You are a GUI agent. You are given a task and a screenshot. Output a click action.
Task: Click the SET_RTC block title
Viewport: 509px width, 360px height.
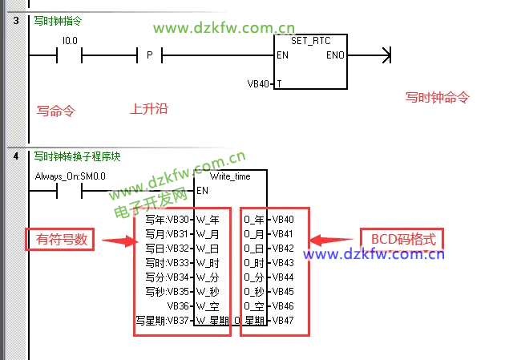click(x=311, y=41)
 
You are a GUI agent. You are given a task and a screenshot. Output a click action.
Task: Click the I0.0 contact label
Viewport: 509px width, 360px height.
click(x=70, y=40)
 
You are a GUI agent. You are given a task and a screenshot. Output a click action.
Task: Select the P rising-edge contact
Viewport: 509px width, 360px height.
click(x=149, y=55)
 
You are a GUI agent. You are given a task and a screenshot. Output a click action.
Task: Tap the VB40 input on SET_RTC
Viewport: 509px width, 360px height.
click(x=259, y=83)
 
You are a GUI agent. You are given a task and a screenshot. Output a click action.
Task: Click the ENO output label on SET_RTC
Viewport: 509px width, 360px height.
click(x=335, y=55)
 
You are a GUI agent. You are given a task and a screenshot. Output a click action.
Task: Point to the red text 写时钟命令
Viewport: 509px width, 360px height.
click(x=437, y=98)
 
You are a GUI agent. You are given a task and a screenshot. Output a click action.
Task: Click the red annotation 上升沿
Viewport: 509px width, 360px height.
click(x=149, y=108)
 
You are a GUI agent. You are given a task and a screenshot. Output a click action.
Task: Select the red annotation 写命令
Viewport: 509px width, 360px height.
click(x=55, y=111)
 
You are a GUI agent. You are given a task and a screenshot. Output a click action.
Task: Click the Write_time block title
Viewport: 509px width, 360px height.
click(x=229, y=176)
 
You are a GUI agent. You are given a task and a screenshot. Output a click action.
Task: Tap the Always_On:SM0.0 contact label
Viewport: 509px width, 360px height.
click(x=71, y=176)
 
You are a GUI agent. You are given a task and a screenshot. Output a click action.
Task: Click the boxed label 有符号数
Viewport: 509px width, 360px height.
click(x=61, y=239)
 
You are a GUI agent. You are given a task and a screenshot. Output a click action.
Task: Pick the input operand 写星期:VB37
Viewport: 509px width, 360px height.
click(x=164, y=321)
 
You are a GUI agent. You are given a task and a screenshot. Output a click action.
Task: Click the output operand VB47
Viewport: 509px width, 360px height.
click(x=283, y=321)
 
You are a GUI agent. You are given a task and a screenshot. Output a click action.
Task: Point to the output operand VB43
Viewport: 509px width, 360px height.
click(x=283, y=262)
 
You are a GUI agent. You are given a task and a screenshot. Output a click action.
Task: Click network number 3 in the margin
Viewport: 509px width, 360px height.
click(x=16, y=19)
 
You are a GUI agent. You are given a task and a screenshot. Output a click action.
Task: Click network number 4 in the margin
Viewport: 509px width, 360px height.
click(x=16, y=156)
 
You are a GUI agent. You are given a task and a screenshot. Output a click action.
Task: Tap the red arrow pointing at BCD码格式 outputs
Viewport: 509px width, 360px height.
click(x=329, y=240)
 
